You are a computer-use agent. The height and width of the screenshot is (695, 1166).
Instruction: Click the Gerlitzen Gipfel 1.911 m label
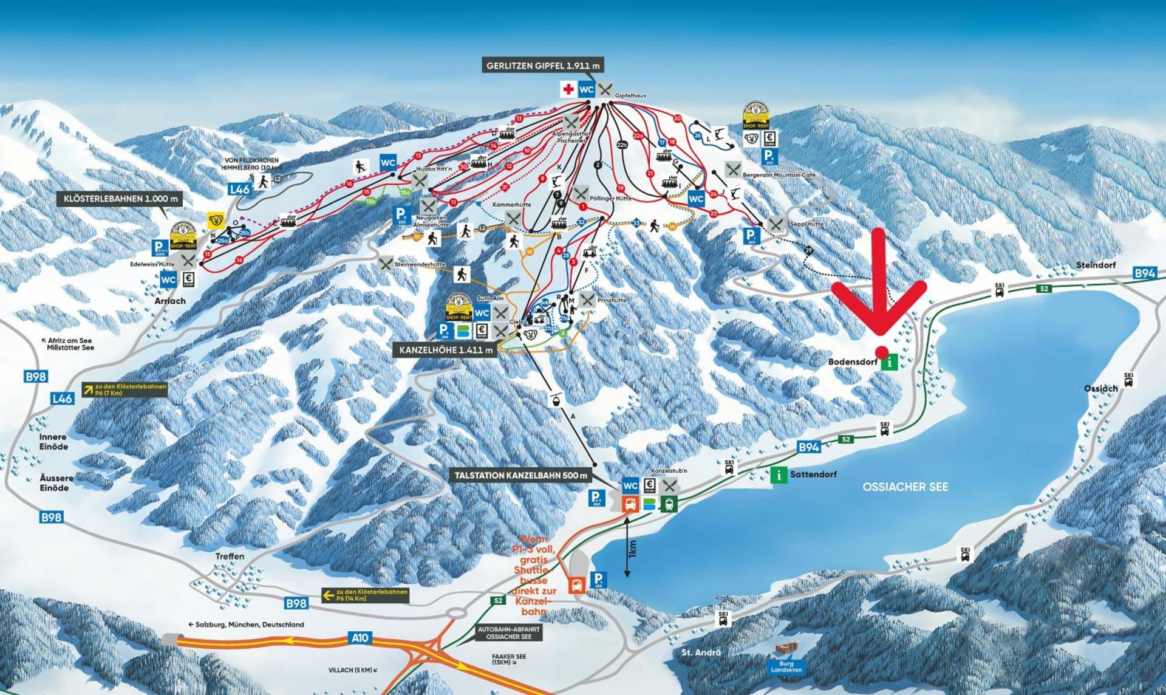[x=543, y=65]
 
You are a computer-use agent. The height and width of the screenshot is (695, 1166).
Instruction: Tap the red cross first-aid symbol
[x=568, y=90]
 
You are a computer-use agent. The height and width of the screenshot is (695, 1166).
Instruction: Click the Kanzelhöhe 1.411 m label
[x=446, y=350]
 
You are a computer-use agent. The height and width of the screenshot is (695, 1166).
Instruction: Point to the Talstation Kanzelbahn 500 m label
[x=520, y=476]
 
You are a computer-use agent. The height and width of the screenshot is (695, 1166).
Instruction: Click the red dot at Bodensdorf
[x=881, y=352]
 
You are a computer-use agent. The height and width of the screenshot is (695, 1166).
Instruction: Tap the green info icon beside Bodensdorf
[x=890, y=363]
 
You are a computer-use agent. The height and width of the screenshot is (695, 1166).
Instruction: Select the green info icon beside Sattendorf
[x=779, y=474]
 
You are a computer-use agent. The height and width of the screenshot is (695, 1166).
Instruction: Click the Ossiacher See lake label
[x=905, y=487]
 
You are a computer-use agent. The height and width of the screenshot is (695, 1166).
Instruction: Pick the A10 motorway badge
[x=360, y=638]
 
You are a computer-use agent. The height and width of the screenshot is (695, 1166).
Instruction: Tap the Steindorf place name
[x=1096, y=265]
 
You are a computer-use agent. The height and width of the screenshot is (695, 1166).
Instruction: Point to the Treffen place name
[x=230, y=556]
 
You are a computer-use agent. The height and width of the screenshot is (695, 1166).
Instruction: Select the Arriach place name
[x=170, y=301]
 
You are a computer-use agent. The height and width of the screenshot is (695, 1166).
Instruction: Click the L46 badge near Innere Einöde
[x=63, y=399]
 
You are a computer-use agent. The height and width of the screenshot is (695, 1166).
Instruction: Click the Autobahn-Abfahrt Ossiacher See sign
[x=508, y=632]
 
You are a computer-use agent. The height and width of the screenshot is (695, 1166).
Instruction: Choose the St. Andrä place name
[x=701, y=652]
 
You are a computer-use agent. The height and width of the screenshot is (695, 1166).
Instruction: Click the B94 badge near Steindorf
[x=1145, y=274]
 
